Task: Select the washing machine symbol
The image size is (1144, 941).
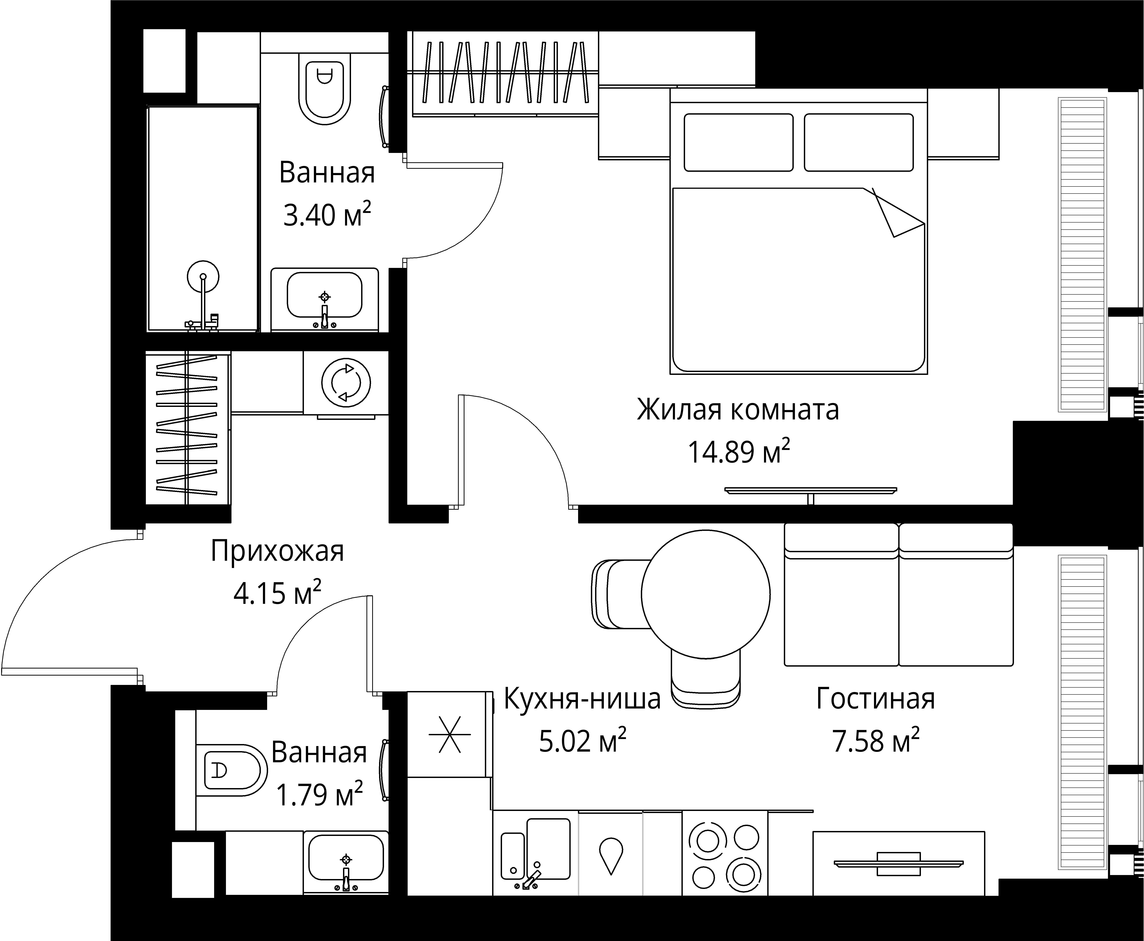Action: tap(346, 383)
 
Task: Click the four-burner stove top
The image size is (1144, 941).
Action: tap(725, 853)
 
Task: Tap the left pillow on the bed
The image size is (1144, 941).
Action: tap(738, 142)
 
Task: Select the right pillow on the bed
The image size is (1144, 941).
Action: tap(858, 142)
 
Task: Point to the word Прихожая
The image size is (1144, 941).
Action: tap(277, 551)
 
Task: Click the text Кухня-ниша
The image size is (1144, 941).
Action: tap(582, 699)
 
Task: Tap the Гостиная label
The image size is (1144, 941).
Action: tap(875, 699)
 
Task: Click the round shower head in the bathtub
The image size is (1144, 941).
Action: tap(203, 276)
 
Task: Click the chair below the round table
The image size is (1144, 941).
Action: tap(706, 680)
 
